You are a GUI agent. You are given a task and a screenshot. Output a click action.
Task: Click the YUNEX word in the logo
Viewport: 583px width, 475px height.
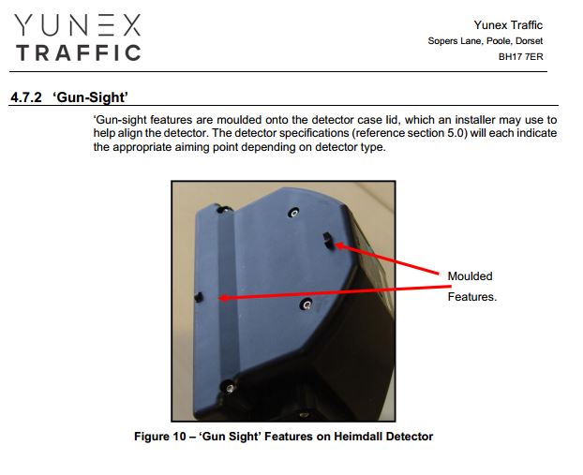78,25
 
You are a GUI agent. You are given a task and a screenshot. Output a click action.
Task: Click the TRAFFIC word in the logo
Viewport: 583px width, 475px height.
79,52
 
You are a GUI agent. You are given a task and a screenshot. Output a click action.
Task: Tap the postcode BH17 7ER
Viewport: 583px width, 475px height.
520,57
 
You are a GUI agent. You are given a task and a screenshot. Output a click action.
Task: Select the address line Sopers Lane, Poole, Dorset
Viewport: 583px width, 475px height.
486,41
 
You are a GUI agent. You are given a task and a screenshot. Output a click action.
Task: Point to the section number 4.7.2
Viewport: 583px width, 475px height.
26,97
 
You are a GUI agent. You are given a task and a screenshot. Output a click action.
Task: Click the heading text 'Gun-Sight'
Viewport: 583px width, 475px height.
90,97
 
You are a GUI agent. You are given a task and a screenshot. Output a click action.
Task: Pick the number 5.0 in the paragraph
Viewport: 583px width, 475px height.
457,133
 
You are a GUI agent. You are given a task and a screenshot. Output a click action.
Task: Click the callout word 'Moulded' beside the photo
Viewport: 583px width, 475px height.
470,276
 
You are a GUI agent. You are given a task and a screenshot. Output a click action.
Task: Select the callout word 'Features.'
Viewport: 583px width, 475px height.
472,297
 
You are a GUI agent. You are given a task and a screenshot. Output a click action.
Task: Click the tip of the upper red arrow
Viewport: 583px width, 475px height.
336,245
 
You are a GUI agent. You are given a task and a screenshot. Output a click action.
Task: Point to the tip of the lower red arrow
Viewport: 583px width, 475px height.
219,298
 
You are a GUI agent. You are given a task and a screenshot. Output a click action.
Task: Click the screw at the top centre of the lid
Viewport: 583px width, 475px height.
294,213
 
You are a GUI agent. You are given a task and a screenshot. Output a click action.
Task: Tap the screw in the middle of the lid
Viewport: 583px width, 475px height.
306,304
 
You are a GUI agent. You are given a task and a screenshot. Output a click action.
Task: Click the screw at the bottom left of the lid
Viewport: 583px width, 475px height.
230,388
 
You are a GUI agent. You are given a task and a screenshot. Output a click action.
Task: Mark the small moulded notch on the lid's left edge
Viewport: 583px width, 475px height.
199,297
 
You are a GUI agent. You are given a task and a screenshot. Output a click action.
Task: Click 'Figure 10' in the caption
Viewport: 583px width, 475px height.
160,437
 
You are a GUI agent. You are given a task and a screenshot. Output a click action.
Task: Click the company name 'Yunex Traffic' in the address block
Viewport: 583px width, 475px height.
508,25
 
